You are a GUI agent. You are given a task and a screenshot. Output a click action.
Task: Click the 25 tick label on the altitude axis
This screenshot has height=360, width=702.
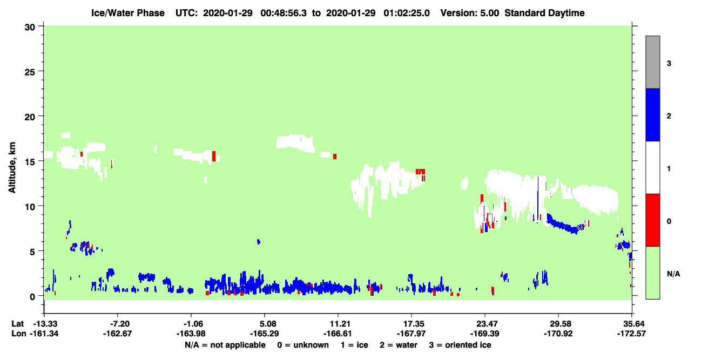30,72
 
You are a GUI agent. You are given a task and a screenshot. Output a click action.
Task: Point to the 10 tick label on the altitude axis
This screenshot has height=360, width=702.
30,207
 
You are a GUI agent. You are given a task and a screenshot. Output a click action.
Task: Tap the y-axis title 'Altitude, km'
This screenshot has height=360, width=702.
12,168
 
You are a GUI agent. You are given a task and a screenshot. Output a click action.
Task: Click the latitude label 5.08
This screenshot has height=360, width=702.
264,324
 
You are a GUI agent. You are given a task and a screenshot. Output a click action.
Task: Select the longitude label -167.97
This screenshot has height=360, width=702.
411,334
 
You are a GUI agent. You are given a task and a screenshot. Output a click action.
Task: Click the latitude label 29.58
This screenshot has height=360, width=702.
558,324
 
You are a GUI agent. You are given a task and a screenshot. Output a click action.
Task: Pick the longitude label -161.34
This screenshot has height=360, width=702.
44,334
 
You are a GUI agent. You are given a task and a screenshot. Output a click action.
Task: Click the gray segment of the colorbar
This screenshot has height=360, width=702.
652,62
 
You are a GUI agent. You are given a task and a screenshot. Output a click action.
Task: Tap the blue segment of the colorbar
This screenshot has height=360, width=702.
652,114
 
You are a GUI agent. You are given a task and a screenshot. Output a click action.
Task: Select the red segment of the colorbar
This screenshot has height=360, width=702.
652,220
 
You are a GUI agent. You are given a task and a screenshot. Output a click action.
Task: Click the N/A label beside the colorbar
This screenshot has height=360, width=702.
673,274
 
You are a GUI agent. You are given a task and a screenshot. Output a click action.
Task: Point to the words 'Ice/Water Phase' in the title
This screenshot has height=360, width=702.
128,13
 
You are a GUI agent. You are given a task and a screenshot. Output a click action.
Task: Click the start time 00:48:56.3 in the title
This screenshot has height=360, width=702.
283,13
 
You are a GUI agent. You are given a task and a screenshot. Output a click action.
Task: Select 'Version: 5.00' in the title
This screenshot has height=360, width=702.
469,13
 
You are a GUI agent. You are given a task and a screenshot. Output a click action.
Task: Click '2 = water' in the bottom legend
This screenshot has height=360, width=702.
399,345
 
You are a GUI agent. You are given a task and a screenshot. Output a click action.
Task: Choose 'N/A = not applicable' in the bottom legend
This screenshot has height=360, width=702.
225,345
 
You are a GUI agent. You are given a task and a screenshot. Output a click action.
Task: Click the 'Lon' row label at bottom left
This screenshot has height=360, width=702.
18,334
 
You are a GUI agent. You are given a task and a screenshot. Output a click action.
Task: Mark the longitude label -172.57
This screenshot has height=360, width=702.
631,334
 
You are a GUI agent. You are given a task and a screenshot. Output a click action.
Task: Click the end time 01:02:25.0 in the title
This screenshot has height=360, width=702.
407,13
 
